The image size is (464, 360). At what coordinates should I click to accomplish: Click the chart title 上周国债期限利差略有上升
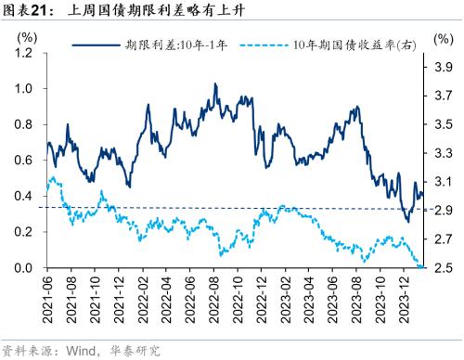[x=149, y=12]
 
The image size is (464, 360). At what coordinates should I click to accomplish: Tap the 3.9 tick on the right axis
[x=444, y=67]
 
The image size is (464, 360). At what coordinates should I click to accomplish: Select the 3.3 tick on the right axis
[x=444, y=153]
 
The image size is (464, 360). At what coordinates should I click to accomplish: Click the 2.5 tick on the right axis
[x=444, y=269]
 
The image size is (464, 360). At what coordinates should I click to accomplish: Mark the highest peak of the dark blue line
[x=215, y=84]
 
